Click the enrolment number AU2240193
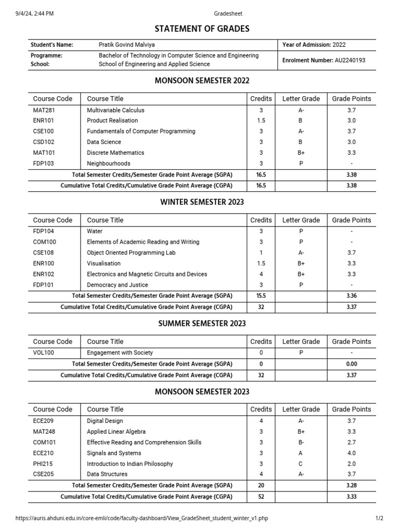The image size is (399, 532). point(350,60)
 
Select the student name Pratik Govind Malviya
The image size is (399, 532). point(127,45)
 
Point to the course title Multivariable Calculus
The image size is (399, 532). point(116,110)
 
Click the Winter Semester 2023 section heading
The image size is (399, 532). point(202,202)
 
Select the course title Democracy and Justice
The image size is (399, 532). point(117,285)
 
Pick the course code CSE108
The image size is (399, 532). point(44,252)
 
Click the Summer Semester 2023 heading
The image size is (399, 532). point(202,324)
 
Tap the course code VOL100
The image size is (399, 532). point(44,353)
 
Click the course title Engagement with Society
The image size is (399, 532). point(120,353)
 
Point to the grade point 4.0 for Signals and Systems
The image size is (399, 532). point(352,453)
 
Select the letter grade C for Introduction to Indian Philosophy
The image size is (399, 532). point(301,464)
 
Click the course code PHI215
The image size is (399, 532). point(43,464)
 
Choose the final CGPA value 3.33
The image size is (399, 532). point(352,497)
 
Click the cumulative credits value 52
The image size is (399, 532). point(261,497)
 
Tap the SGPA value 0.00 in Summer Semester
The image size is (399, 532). point(352,364)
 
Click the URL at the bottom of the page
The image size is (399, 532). point(142,518)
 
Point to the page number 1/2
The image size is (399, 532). point(379,518)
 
